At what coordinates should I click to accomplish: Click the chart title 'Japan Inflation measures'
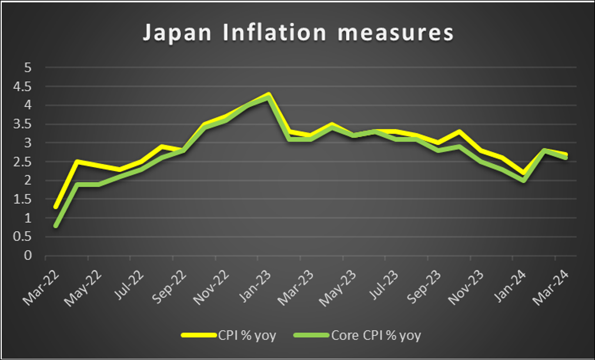coord(298,33)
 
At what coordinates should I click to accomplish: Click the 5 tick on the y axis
coord(27,68)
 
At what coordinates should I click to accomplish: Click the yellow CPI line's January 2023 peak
coord(269,94)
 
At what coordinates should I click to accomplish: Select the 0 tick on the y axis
coord(27,256)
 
